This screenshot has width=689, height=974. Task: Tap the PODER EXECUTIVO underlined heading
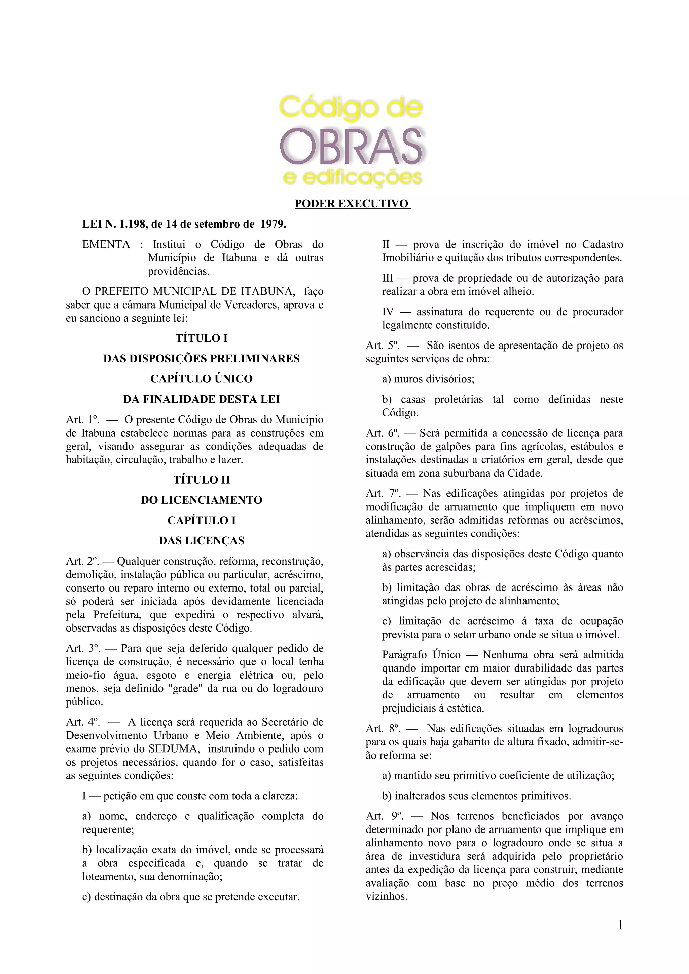click(x=352, y=204)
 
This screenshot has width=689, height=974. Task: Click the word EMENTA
click(x=106, y=244)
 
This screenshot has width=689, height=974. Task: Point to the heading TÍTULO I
click(x=202, y=338)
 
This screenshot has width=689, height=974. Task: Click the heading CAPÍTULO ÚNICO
click(x=202, y=379)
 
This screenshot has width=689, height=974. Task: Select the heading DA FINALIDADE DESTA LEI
click(x=202, y=399)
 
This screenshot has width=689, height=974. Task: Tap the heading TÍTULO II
click(x=202, y=480)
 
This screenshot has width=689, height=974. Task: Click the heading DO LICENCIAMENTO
click(x=202, y=500)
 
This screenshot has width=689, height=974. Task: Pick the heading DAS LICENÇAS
click(x=202, y=541)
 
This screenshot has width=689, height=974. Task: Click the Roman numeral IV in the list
click(x=388, y=312)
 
